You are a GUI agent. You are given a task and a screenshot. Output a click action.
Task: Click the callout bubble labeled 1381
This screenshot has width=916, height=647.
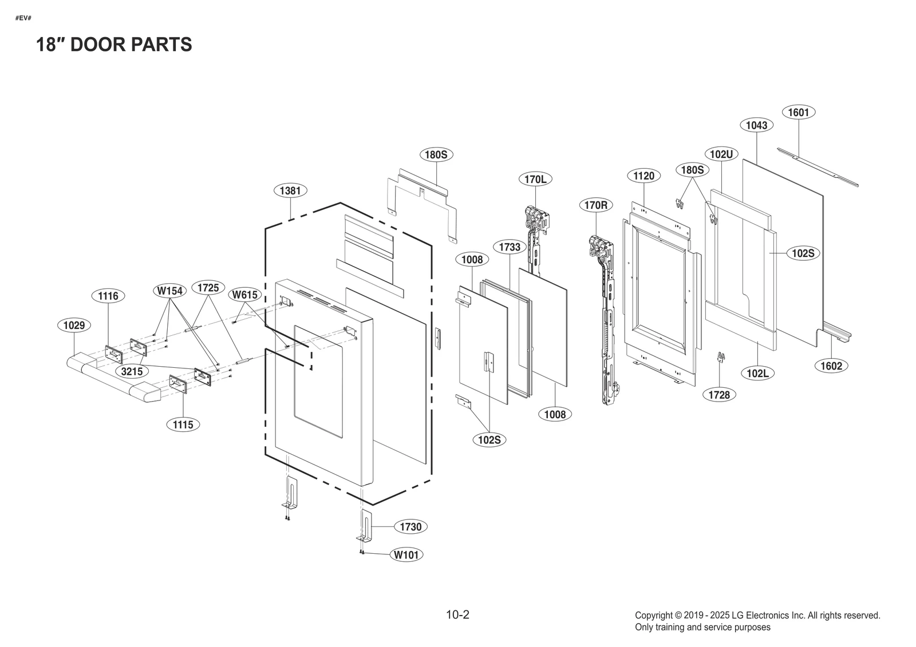(291, 190)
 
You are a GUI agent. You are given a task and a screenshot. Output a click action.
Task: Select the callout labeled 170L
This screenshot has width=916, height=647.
(535, 179)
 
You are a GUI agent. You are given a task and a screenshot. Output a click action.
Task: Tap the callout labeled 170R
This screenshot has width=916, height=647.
(596, 205)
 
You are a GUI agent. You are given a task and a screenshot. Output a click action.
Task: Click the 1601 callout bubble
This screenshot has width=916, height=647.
(798, 112)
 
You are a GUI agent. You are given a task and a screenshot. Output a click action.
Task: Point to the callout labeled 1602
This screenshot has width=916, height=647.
(831, 366)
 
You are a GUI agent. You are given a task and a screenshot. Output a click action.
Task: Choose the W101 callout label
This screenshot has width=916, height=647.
(407, 554)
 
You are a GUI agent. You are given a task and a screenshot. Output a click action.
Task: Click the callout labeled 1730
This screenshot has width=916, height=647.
(410, 527)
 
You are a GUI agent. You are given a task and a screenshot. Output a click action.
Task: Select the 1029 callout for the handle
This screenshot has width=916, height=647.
(74, 326)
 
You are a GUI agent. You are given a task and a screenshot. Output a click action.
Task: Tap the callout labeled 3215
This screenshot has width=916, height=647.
(132, 371)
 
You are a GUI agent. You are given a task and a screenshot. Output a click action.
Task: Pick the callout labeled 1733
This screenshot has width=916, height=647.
(510, 247)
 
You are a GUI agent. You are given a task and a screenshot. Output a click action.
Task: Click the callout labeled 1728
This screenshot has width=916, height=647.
(719, 395)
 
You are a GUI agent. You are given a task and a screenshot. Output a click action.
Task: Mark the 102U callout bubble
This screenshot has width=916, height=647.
(721, 154)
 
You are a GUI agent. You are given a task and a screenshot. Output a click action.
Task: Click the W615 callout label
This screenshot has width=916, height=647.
(245, 295)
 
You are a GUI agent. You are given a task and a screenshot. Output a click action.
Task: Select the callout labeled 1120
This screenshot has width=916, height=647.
(643, 176)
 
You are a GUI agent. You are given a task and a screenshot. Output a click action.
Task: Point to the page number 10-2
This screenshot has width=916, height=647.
(457, 615)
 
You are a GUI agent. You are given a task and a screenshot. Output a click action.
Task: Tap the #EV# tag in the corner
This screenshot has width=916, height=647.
(23, 18)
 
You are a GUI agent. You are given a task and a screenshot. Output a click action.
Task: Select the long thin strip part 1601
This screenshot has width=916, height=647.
(819, 166)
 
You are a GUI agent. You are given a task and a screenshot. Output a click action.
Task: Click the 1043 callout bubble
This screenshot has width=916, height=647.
(757, 125)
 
